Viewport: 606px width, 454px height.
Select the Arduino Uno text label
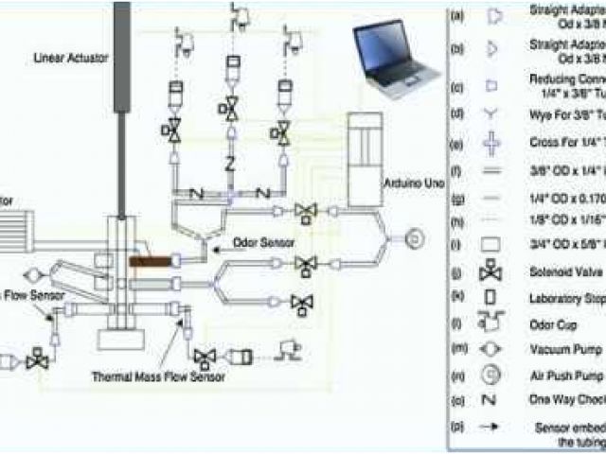(x=410, y=181)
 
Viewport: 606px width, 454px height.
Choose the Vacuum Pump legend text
(x=560, y=348)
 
